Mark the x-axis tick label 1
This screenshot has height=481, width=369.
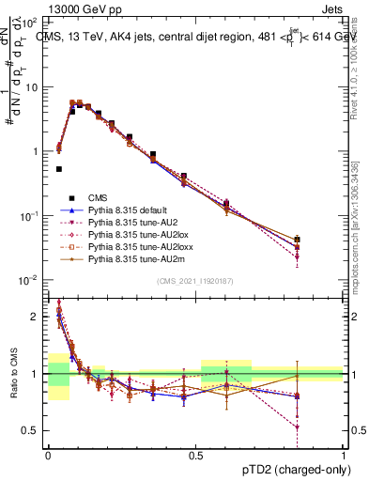(343, 454)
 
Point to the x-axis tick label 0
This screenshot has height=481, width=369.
(47, 454)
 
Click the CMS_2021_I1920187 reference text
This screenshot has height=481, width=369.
(195, 281)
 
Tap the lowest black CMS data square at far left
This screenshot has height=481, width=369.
(58, 169)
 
